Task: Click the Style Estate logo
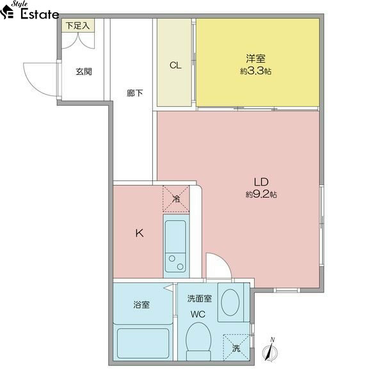coord(29,11)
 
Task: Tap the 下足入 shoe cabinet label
coord(77,26)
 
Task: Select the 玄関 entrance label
coord(84,72)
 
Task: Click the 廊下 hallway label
coord(135,93)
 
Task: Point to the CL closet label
coord(175,65)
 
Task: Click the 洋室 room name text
coord(255,58)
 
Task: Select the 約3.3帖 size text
coord(255,71)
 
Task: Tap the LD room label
coord(261,182)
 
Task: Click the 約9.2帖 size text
coord(261,195)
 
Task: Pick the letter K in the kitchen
coord(140,233)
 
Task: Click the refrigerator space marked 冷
coord(176,198)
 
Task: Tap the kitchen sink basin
coord(175,237)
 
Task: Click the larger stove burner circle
coord(180,266)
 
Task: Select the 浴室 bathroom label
coord(141,305)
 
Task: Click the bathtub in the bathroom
coord(143,343)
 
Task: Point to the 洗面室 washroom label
coord(199,298)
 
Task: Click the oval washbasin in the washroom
coord(230,302)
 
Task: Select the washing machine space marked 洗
coord(236,348)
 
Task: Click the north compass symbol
coord(270,351)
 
